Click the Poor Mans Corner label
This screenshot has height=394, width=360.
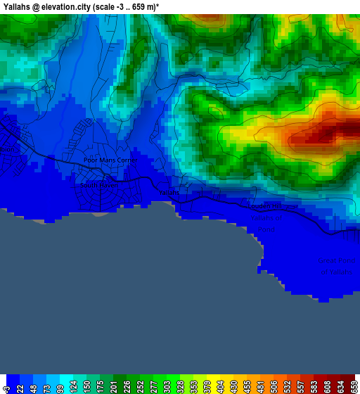(109, 160)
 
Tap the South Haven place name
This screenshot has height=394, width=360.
(97, 186)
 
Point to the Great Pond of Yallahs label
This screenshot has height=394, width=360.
(337, 265)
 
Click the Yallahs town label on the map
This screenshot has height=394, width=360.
(169, 192)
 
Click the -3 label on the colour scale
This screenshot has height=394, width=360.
(7, 386)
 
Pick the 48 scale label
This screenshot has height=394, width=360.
(34, 386)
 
